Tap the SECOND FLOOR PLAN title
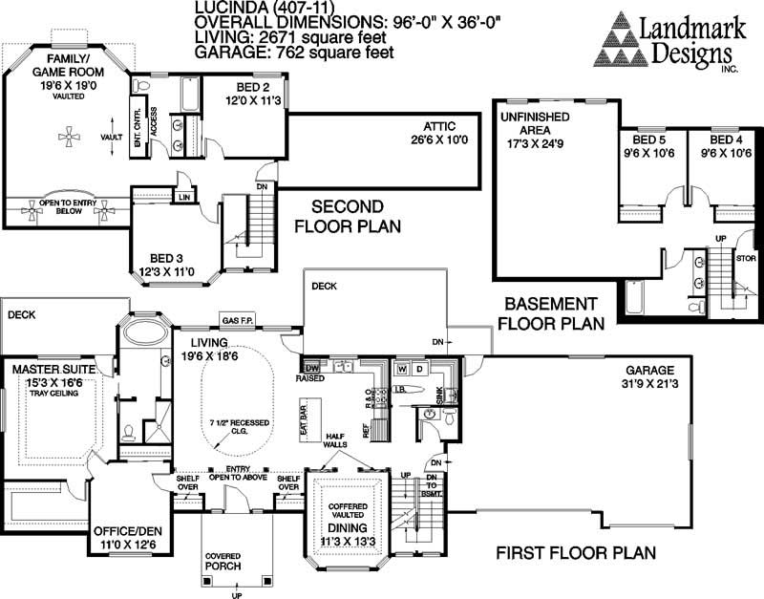pos(338,216)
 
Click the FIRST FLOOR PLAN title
pos(576,553)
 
